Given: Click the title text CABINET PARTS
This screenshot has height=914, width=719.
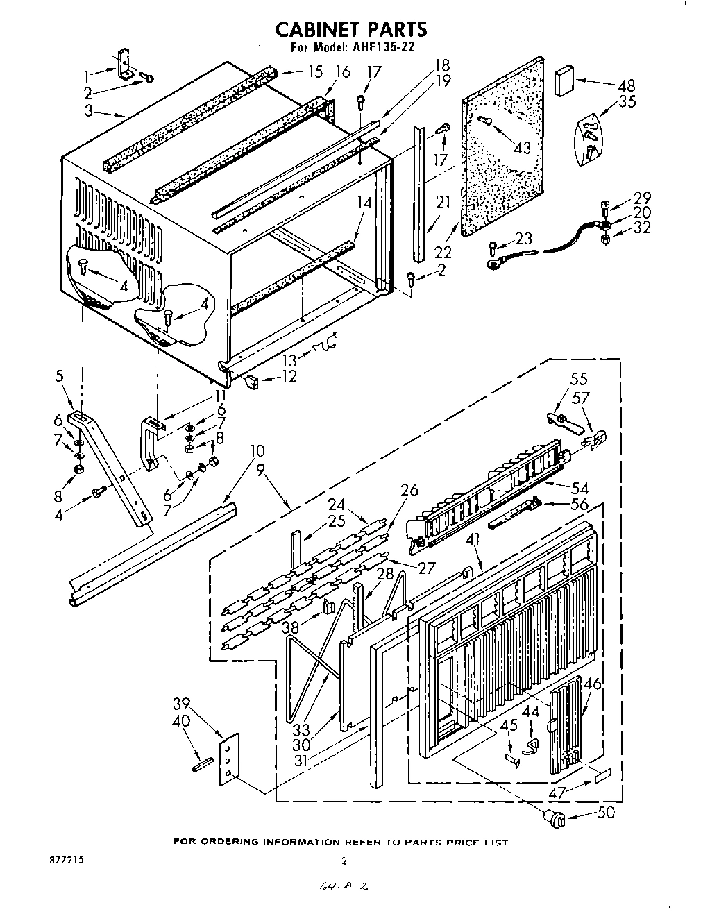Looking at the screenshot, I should point(350,28).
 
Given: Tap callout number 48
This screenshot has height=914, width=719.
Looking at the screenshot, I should point(625,86).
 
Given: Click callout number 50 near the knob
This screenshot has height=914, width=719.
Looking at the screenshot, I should point(605,812).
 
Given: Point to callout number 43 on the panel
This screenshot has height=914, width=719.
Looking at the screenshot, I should point(521,147).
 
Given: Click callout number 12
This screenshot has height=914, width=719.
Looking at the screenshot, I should point(289,376).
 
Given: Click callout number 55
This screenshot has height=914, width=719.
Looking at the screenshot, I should point(579,379).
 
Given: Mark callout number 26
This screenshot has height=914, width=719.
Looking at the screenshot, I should point(409,490).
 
